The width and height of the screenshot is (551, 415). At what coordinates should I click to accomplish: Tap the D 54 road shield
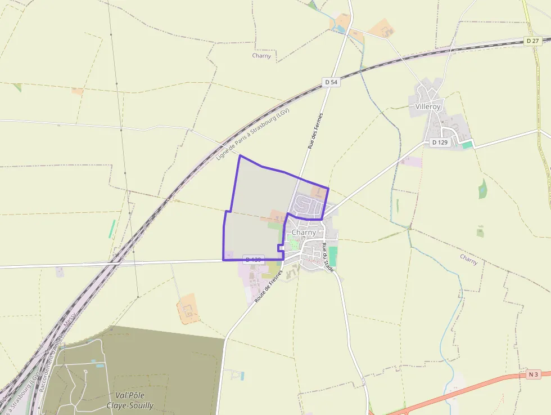pos(332,82)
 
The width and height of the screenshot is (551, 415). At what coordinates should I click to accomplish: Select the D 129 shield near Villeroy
pos(440,142)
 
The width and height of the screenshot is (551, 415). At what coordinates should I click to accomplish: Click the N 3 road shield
pos(534,374)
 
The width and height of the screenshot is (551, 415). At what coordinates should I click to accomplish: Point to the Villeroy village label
pos(428,106)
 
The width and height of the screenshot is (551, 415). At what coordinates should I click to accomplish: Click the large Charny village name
pos(304,232)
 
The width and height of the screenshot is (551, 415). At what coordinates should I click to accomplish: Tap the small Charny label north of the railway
pos(261,56)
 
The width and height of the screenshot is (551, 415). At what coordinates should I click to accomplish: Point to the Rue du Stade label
pos(328,257)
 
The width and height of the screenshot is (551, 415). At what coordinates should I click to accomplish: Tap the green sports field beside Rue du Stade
pos(333,256)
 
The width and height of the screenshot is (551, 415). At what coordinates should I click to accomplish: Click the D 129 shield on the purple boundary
pos(254,260)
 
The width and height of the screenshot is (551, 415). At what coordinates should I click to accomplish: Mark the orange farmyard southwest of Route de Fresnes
pos(188,309)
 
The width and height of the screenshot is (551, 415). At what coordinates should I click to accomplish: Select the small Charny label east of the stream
pos(468,259)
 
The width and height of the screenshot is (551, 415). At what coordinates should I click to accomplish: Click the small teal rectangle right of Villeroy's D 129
pos(467,145)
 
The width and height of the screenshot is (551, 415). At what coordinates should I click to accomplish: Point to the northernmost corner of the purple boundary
pos(240,155)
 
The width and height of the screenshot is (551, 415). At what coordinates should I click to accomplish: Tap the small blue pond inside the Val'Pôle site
pos(100,365)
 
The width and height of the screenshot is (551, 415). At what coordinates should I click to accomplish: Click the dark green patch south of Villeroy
pos(482,189)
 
